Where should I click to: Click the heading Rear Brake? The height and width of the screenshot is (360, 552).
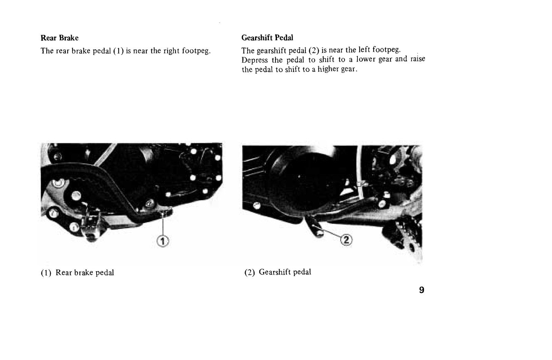click(x=60, y=38)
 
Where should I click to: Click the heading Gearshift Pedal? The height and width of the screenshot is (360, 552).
click(x=267, y=38)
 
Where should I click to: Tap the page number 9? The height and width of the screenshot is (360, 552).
click(x=422, y=290)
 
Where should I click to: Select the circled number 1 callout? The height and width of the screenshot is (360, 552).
click(x=163, y=241)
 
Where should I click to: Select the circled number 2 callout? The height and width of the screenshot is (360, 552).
click(x=346, y=240)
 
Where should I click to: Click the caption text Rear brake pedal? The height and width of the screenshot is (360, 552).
click(x=85, y=273)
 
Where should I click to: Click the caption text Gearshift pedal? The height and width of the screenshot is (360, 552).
click(x=285, y=272)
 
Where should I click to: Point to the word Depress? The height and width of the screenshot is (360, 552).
click(x=255, y=60)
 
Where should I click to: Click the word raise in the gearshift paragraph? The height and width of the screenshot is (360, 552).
click(x=418, y=59)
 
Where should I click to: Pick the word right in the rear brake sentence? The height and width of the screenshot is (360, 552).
click(x=171, y=50)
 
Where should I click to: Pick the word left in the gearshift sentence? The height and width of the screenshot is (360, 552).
click(x=364, y=50)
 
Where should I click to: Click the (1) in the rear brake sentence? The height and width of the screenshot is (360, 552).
click(x=118, y=51)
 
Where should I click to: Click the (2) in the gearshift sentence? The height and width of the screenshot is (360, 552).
click(x=314, y=50)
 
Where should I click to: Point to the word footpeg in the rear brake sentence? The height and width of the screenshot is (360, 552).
click(x=196, y=51)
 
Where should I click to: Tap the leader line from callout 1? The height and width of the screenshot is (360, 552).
click(x=163, y=224)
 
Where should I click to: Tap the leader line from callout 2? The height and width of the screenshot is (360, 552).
click(x=331, y=232)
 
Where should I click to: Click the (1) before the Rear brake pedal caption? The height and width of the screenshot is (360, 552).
click(x=46, y=273)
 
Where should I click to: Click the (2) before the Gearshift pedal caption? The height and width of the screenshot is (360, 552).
click(x=250, y=272)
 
